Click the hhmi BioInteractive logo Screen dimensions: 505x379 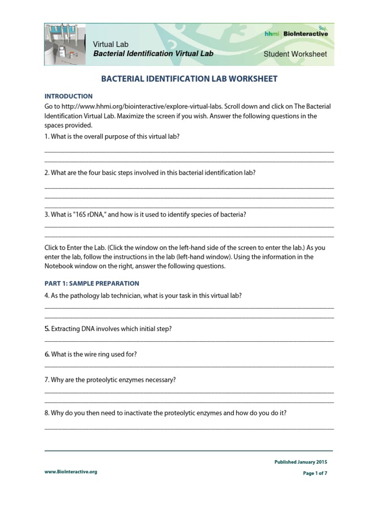click(x=302, y=34)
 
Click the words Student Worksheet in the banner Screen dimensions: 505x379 click(x=295, y=54)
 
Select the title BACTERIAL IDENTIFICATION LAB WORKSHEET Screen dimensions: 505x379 click(x=189, y=79)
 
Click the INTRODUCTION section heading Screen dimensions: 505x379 click(x=68, y=96)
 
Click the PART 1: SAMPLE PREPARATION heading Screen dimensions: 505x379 click(x=92, y=284)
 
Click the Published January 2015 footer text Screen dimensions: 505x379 click(x=301, y=462)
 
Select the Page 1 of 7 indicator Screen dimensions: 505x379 click(x=314, y=473)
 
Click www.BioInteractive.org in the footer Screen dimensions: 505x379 click(x=71, y=471)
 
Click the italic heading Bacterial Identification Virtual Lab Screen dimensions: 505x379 click(x=153, y=53)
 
